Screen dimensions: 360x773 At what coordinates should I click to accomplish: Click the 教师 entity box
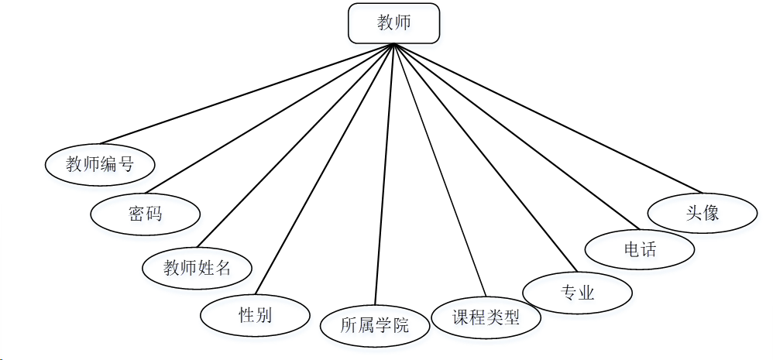pyautogui.click(x=394, y=23)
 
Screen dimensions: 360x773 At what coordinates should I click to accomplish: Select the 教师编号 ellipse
pyautogui.click(x=100, y=164)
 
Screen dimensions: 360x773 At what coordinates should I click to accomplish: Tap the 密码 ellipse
pyautogui.click(x=146, y=213)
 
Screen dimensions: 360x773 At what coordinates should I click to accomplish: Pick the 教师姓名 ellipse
pyautogui.click(x=198, y=268)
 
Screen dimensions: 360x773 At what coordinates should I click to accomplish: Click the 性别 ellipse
pyautogui.click(x=255, y=315)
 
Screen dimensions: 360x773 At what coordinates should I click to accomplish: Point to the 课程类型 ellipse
pyautogui.click(x=486, y=317)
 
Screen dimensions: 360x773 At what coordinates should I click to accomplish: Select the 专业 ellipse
pyautogui.click(x=577, y=293)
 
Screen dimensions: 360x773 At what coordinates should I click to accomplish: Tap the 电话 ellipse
pyautogui.click(x=639, y=249)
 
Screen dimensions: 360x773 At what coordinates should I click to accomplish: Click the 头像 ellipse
pyautogui.click(x=702, y=211)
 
